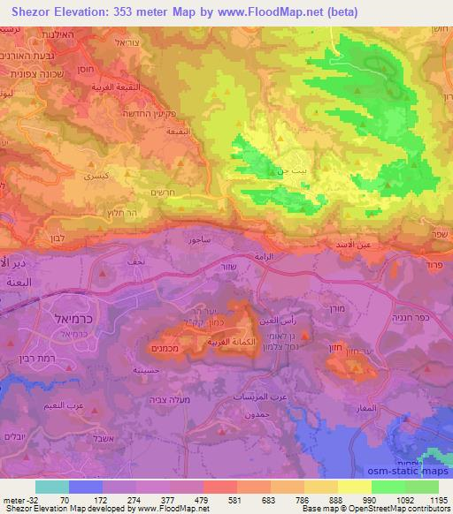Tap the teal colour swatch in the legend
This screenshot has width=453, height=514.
(53, 486)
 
